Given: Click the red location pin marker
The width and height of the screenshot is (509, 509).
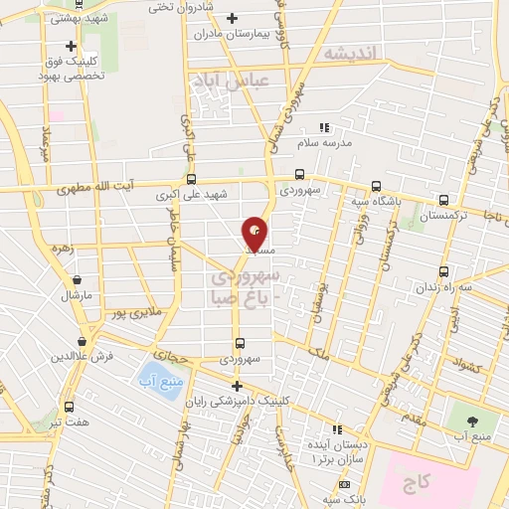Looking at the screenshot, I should [255, 232].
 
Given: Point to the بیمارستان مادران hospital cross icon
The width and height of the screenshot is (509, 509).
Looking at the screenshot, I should [232, 18].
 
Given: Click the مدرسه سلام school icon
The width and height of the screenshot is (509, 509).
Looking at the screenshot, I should [323, 127].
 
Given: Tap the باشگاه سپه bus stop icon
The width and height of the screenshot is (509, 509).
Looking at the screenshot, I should [376, 186].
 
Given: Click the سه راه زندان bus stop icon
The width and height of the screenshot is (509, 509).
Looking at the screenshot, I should [443, 270].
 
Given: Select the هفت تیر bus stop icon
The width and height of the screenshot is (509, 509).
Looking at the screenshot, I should [69, 407].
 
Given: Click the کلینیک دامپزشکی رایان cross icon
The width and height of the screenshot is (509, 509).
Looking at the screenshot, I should [236, 386].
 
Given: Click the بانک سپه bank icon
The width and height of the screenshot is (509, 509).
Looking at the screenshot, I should [344, 484].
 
